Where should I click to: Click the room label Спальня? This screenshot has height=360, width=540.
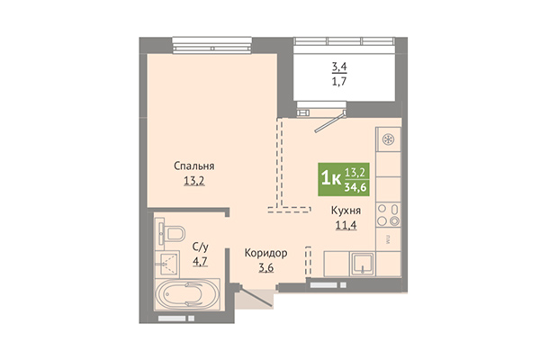193,166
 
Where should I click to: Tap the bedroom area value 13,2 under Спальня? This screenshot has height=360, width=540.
194,181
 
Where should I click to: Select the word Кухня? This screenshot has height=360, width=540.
346,210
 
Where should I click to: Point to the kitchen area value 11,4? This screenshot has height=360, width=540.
346,225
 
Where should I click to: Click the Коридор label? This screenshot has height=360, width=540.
265,253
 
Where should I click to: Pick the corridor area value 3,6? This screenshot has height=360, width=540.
266,267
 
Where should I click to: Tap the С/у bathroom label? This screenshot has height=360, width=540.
200,247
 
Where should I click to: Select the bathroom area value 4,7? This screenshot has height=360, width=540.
200,262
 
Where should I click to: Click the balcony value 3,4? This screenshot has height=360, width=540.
339,67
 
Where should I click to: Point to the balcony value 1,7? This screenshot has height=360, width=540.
339,82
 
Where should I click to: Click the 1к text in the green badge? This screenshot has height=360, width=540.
331,179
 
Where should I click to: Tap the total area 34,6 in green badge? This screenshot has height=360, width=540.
356,188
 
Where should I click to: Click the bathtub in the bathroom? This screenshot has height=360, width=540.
186,294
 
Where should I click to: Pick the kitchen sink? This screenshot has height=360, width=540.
363,264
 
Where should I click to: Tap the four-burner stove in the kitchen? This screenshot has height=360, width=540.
388,215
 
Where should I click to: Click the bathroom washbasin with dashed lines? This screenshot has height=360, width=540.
167,264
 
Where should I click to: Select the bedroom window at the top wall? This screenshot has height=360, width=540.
211,46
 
